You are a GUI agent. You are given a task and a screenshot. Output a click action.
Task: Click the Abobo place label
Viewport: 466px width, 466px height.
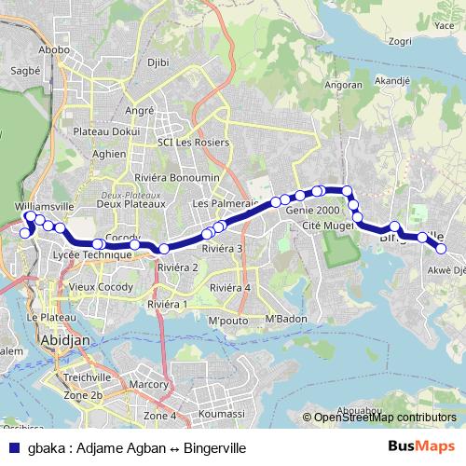click(55, 49)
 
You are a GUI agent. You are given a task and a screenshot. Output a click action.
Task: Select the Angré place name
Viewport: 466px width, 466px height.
click(139, 110)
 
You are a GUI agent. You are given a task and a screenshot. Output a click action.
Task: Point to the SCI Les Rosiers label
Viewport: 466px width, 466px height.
click(192, 143)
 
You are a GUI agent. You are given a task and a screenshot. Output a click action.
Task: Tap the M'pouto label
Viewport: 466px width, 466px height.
click(226, 322)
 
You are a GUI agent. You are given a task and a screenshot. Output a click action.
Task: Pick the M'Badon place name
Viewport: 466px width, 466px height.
click(285, 321)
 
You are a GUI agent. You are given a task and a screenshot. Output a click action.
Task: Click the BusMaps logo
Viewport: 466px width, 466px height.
click(428, 448)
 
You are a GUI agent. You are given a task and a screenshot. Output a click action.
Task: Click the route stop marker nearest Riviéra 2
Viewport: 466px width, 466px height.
click(163, 248)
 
